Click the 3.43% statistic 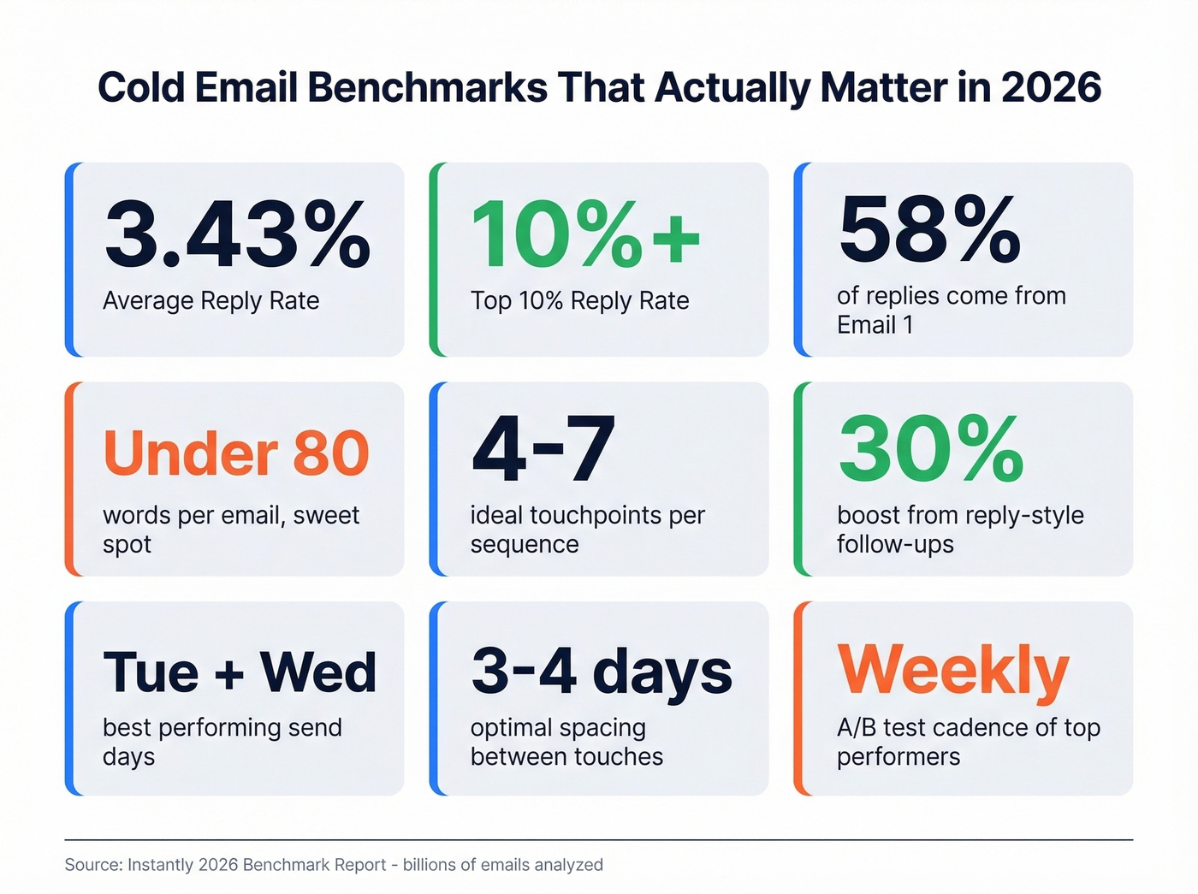click(237, 234)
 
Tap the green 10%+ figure click(585, 234)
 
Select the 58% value click(929, 229)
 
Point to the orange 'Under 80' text click(236, 453)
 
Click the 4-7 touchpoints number click(543, 449)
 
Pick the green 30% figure click(931, 449)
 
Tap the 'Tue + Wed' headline click(240, 672)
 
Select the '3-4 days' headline click(602, 671)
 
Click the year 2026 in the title click(1051, 87)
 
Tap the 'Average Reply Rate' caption click(211, 301)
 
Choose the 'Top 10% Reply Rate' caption click(579, 301)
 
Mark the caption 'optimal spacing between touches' click(566, 742)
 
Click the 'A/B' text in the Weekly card click(856, 727)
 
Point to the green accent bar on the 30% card click(799, 479)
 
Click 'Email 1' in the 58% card click(875, 325)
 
